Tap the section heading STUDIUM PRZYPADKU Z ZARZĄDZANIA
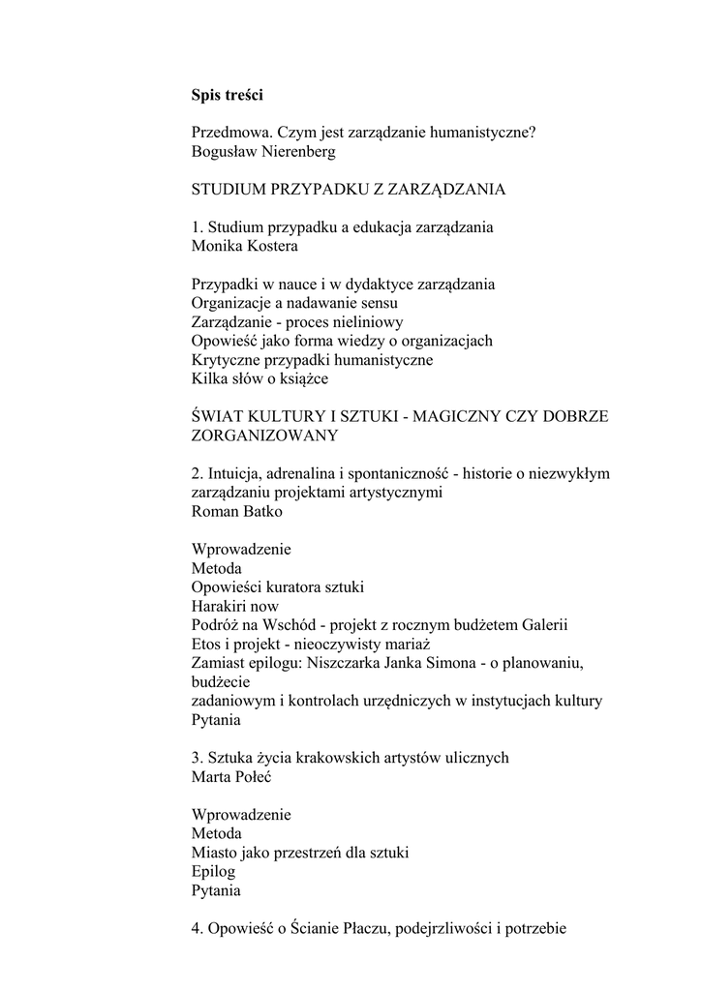coord(349,189)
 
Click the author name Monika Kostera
coord(245,246)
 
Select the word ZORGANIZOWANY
coord(264,435)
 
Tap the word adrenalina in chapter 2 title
coord(308,473)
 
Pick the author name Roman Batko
coord(237,511)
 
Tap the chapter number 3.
coord(196,758)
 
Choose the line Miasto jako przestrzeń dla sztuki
coord(300,853)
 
